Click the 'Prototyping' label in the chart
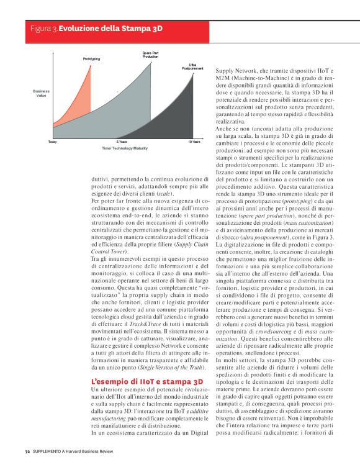coord(91,58)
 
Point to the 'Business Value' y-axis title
coord(41,94)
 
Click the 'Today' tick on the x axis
coord(52,142)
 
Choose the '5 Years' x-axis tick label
coord(122,142)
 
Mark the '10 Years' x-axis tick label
coord(194,142)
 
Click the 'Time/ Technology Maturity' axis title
coord(124,149)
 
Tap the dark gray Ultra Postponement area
coord(186,121)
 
